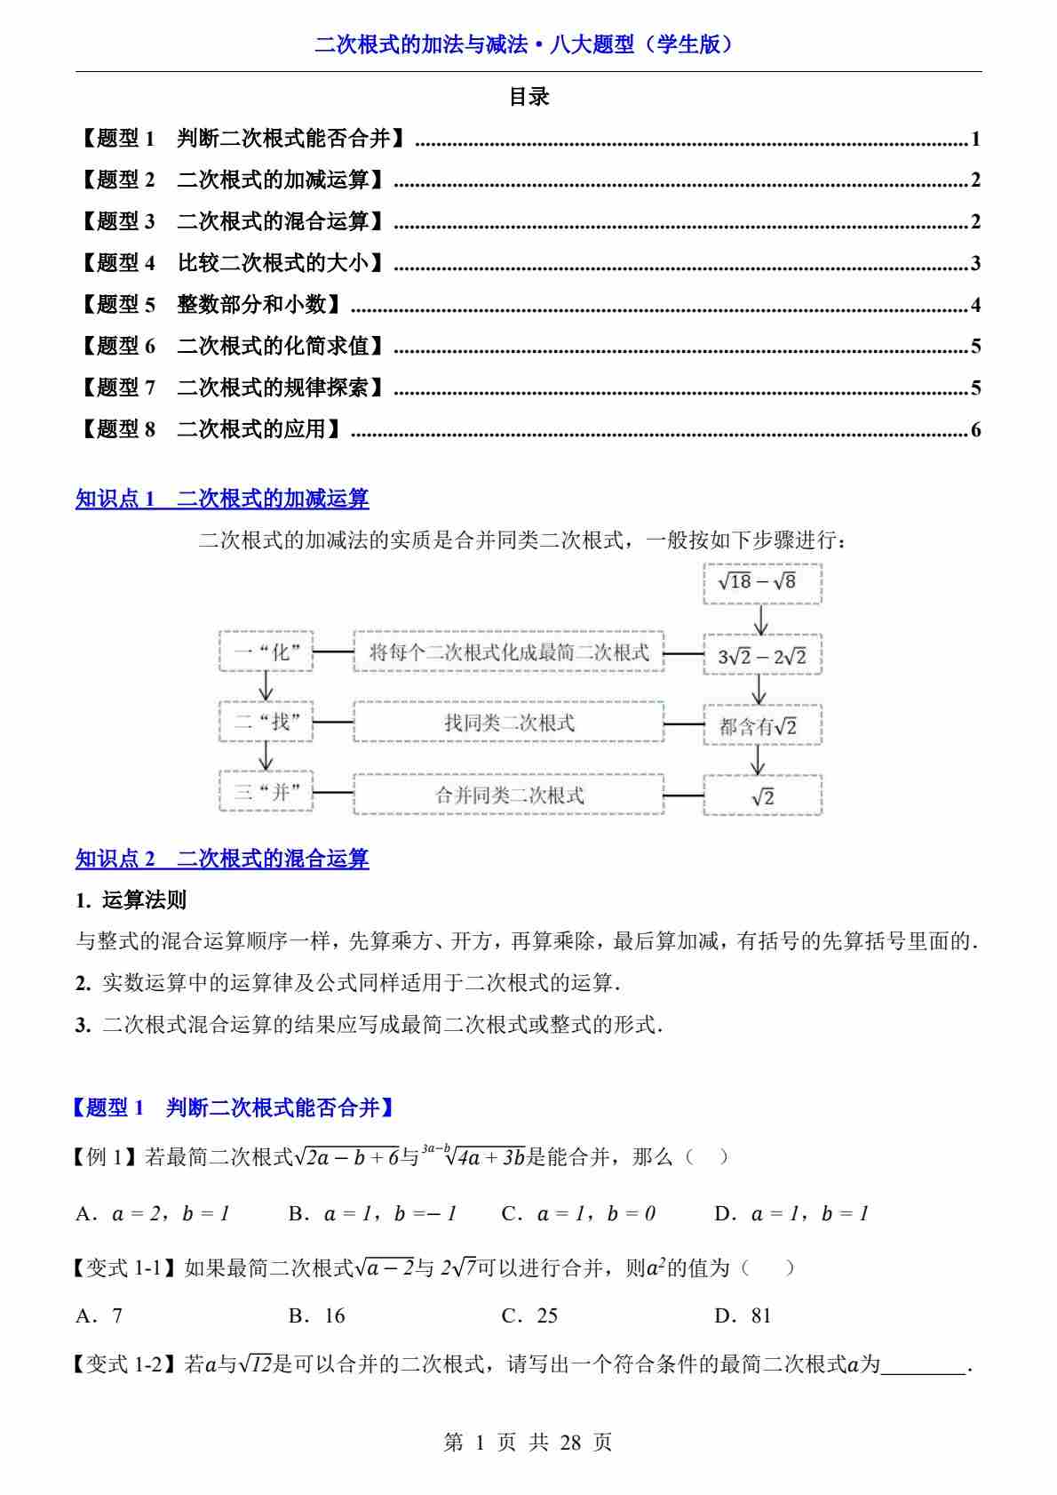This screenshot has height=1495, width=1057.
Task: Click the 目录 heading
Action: point(528,97)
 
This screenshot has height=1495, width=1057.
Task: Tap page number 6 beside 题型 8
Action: point(975,430)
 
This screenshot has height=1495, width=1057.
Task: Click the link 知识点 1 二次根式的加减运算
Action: point(222,499)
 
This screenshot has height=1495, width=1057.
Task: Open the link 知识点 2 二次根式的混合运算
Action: point(222,859)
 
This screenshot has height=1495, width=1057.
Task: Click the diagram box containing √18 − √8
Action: point(762,582)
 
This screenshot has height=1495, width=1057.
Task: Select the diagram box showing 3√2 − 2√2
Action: point(762,656)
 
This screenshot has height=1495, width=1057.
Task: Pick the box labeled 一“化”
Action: point(266,652)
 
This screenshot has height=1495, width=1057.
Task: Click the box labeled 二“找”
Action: point(266,722)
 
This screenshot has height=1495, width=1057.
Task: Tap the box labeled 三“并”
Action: point(266,792)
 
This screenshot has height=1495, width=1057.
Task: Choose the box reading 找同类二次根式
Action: point(508,723)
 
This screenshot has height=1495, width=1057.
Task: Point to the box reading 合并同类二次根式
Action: point(508,795)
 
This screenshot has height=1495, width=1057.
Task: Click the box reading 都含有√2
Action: point(762,725)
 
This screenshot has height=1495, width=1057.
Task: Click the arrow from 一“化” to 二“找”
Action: point(265,686)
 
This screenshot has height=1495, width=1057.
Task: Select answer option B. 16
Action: point(317,1315)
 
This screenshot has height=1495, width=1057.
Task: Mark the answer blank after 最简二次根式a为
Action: point(924,1364)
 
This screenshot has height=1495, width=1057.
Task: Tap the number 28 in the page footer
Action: point(569,1442)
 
